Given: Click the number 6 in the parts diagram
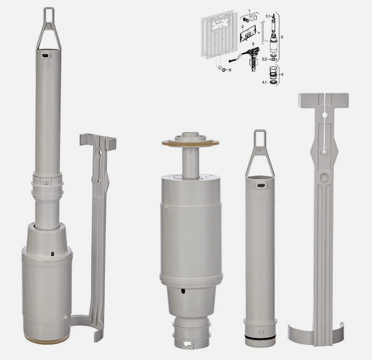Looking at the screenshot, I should pyautogui.click(x=230, y=70).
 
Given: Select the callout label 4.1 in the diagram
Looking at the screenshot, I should pyautogui.click(x=265, y=82).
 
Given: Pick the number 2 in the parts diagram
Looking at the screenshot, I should pyautogui.click(x=242, y=26).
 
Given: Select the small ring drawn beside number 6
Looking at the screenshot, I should pyautogui.click(x=223, y=70).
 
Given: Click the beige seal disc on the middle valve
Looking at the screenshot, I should pyautogui.click(x=190, y=142).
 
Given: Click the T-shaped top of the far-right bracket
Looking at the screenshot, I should pyautogui.click(x=323, y=99).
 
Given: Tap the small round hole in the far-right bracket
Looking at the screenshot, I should pyautogui.click(x=324, y=152).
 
